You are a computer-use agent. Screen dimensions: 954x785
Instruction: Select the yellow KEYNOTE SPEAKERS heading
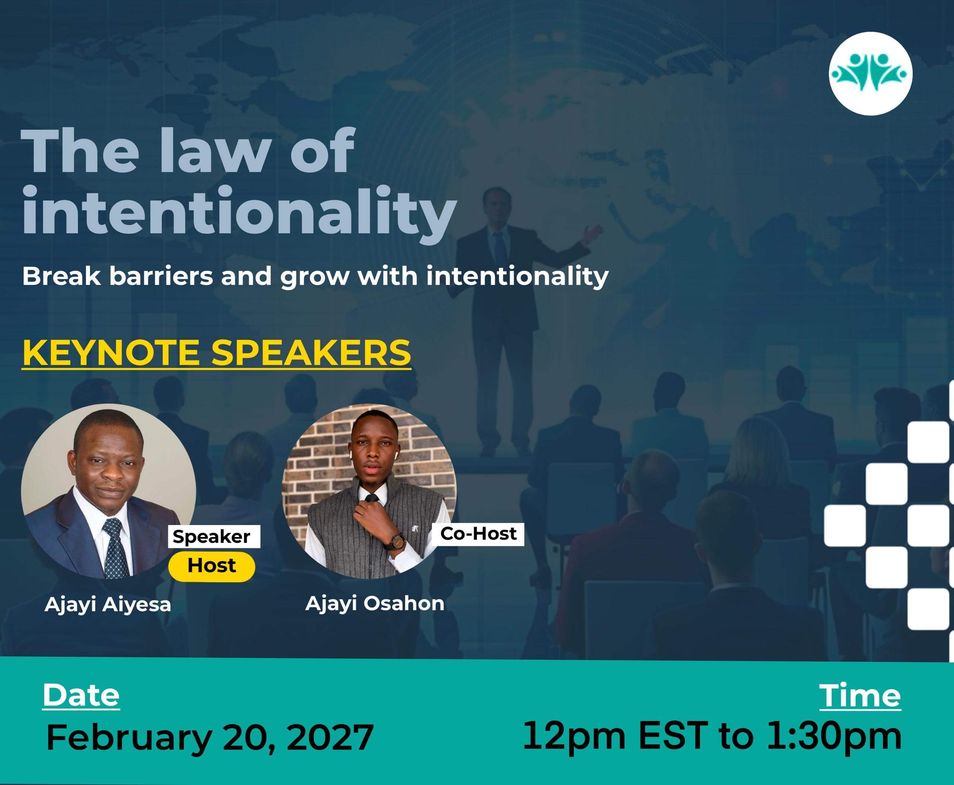[217, 353]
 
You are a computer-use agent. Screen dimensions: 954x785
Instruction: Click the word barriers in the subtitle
[161, 276]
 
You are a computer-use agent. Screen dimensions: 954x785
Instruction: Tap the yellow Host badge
[212, 566]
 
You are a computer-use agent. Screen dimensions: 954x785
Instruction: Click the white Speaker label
[214, 536]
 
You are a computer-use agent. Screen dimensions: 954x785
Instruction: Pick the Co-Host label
[478, 534]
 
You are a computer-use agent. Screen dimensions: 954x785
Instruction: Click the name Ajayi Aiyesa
[108, 605]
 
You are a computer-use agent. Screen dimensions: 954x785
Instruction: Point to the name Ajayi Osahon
[375, 604]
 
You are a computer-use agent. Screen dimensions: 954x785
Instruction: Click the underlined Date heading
[81, 695]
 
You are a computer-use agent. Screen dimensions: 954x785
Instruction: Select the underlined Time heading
[860, 695]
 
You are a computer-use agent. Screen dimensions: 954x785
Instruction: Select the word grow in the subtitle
[314, 277]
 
